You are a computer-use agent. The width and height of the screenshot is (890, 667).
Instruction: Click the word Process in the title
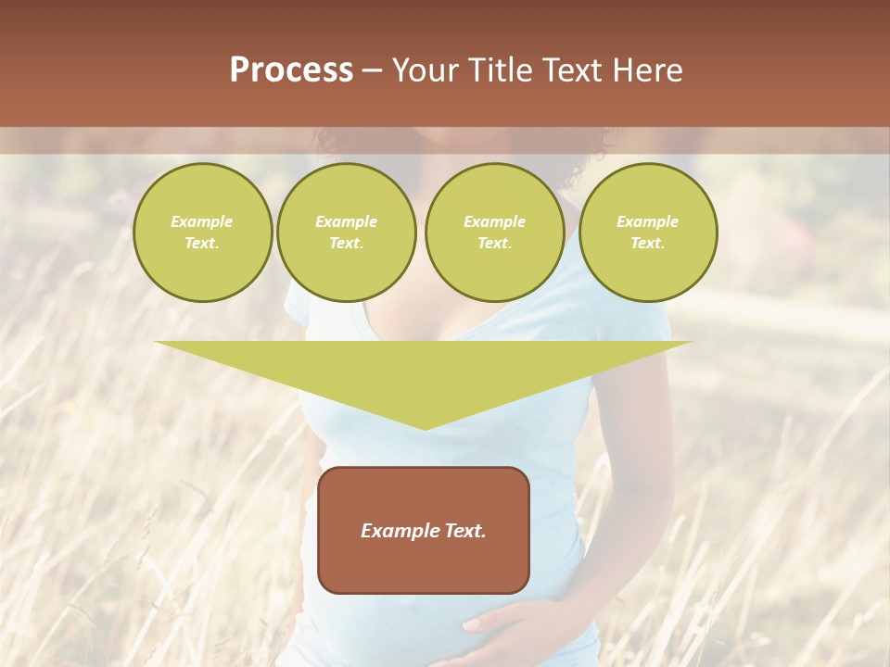291,70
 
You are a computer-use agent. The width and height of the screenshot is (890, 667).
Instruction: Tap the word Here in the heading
646,70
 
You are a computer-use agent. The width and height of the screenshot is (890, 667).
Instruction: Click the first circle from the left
202,233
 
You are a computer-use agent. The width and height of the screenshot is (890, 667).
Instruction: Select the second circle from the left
346,233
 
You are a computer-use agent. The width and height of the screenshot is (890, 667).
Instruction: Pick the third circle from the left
494,233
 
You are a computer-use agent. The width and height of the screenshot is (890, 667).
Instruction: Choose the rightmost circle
647,233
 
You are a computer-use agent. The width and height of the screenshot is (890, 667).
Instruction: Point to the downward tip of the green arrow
425,427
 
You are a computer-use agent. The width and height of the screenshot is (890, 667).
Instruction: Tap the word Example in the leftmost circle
202,222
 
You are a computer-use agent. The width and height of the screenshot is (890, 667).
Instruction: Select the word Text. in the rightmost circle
647,244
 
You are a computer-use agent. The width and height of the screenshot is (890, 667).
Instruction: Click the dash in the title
373,70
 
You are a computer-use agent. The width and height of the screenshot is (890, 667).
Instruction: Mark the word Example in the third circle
494,222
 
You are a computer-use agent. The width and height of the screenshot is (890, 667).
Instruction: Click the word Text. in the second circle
346,244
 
